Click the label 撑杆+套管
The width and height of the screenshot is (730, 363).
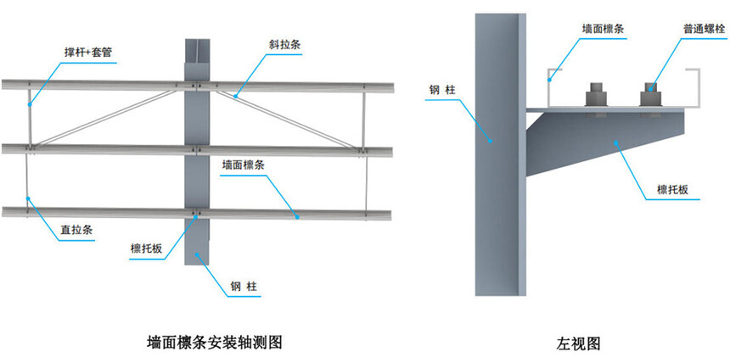point(88,53)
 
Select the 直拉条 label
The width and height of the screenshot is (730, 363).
point(76,230)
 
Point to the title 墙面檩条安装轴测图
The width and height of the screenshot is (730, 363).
point(215,343)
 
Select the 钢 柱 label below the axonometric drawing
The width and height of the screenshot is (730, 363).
point(243,285)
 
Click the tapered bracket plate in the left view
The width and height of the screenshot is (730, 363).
point(605,140)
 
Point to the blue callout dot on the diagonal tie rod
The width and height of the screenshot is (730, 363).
point(236,97)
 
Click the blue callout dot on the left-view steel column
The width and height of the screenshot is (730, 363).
point(490,140)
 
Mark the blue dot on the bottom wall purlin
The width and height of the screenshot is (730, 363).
point(297,216)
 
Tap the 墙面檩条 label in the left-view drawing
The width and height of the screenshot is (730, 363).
point(604,29)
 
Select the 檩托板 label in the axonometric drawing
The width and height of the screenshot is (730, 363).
point(146,249)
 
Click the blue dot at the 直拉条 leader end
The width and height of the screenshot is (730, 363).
point(28,198)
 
